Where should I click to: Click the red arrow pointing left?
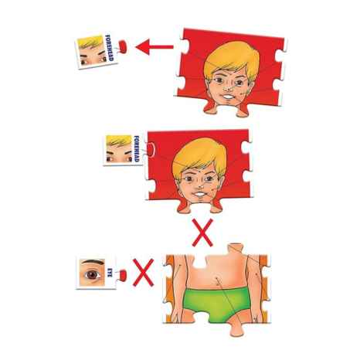[x=155, y=47]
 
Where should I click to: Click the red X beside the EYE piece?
[x=143, y=271]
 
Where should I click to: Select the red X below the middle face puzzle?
[x=202, y=229]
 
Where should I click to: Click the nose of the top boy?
[x=229, y=87]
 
